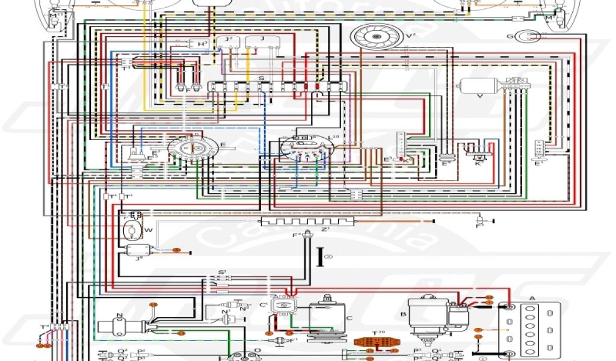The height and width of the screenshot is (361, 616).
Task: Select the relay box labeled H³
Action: (x=198, y=44)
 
